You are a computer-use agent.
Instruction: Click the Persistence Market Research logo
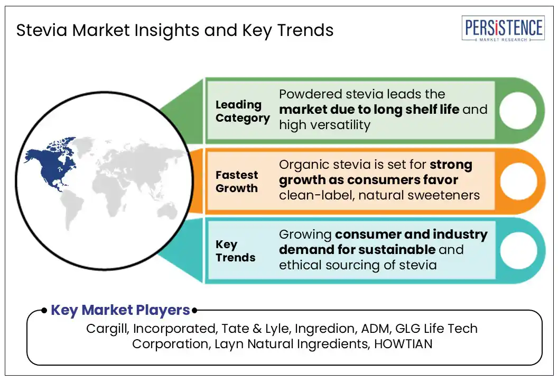click(x=503, y=29)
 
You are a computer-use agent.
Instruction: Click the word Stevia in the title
click(x=42, y=30)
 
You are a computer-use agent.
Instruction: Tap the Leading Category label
click(x=243, y=111)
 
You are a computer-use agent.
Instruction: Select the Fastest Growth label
click(x=237, y=182)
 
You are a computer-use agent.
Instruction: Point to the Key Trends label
click(x=235, y=251)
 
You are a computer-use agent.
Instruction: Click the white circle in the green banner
click(x=518, y=111)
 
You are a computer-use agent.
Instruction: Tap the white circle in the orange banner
click(x=518, y=181)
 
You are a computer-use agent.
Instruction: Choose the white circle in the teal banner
click(x=518, y=250)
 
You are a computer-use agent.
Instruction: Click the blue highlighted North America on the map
click(x=52, y=164)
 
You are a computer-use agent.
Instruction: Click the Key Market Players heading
click(x=120, y=310)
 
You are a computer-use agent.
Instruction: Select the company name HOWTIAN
click(x=403, y=344)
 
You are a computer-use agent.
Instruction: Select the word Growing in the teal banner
click(x=305, y=235)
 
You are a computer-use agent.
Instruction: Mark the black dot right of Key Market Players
click(x=194, y=311)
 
